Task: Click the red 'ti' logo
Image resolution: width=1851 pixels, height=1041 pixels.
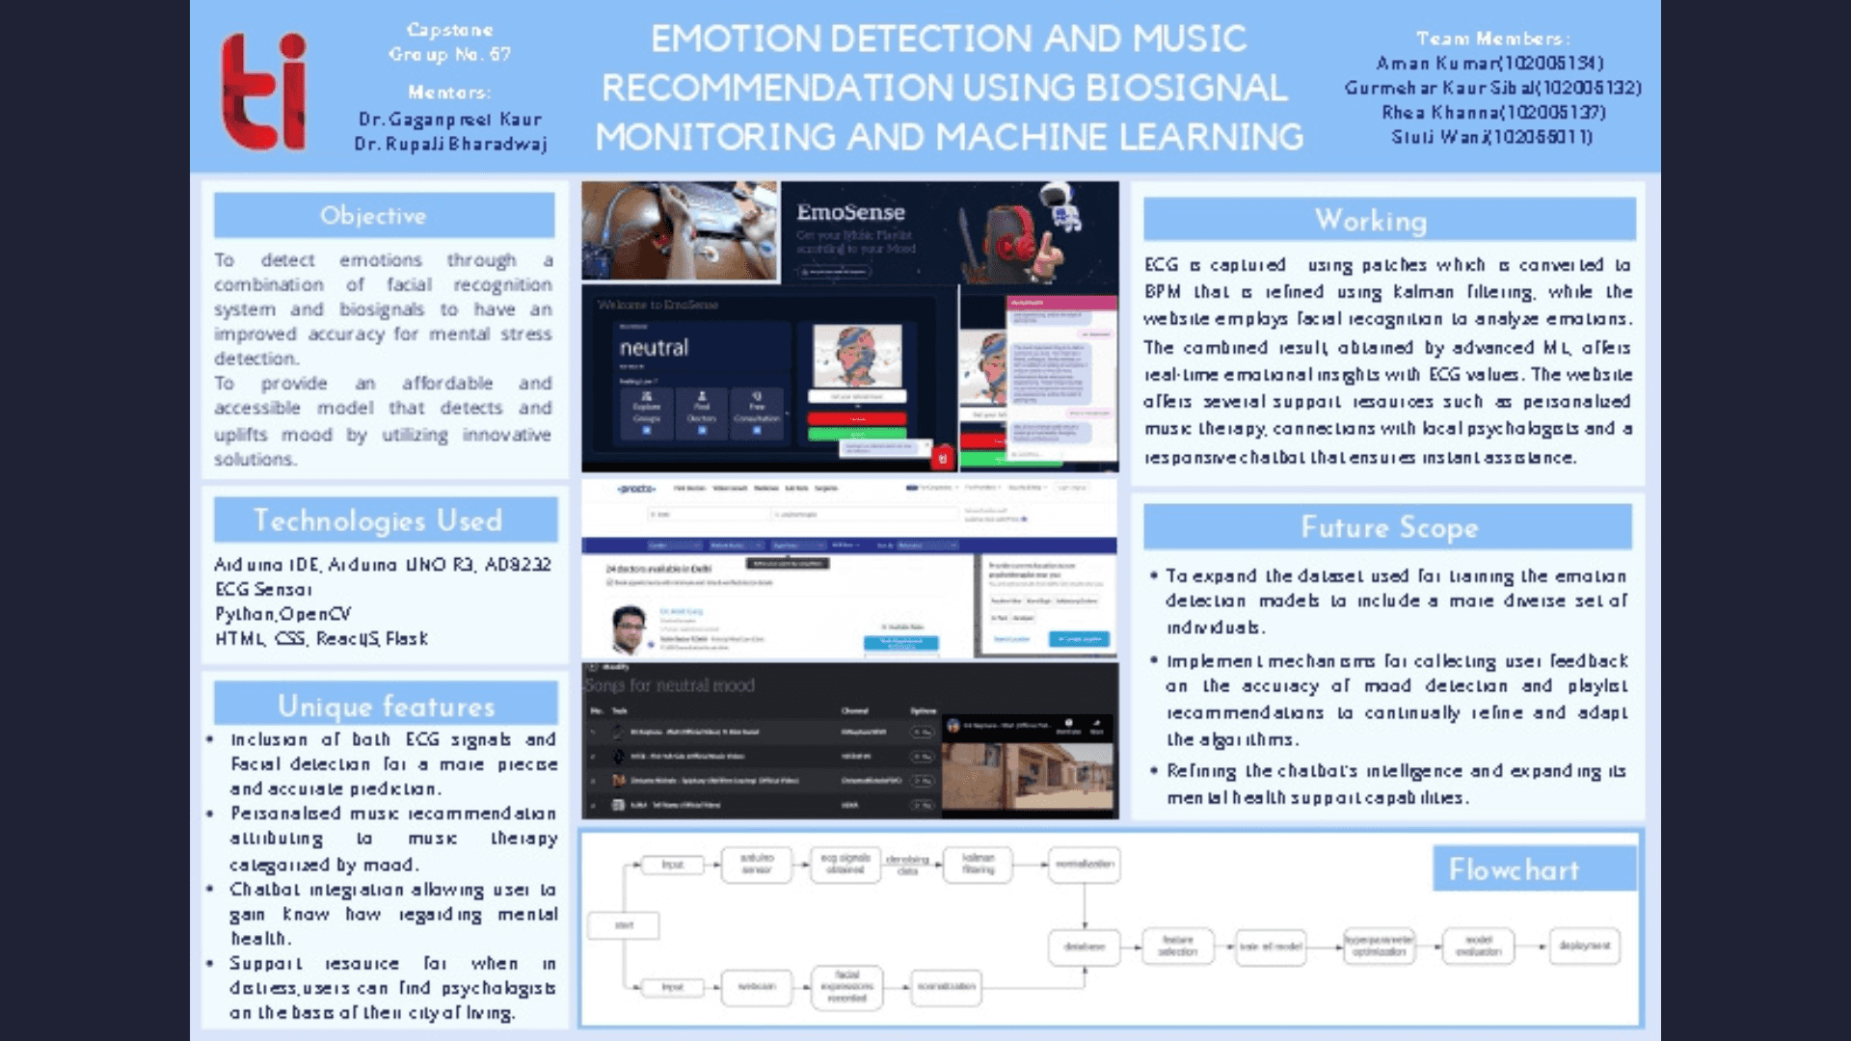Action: point(263,93)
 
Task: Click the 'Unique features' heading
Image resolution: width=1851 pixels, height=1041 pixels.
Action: point(386,706)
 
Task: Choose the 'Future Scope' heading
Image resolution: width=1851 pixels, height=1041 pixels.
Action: point(1388,527)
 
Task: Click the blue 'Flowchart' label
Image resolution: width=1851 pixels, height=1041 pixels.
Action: point(1514,869)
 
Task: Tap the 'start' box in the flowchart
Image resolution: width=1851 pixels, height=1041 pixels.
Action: point(625,925)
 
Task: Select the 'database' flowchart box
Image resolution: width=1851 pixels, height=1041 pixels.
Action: point(1085,947)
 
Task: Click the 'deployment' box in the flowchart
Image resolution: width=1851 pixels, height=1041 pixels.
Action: point(1584,946)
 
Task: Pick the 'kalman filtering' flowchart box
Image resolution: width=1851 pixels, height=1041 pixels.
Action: point(978,864)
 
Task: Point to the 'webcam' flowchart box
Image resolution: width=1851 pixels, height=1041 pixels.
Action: point(757,986)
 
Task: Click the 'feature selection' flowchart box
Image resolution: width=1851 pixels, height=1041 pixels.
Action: point(1177,947)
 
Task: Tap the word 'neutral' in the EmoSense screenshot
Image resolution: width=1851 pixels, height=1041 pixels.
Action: point(654,348)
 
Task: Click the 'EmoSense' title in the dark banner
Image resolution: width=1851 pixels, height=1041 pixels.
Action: point(850,212)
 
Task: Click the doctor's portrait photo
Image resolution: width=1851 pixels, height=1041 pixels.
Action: point(630,628)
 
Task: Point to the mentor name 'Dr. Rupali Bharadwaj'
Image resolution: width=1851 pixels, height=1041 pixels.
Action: point(450,144)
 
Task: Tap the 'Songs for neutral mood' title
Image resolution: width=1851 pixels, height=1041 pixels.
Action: point(669,685)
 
